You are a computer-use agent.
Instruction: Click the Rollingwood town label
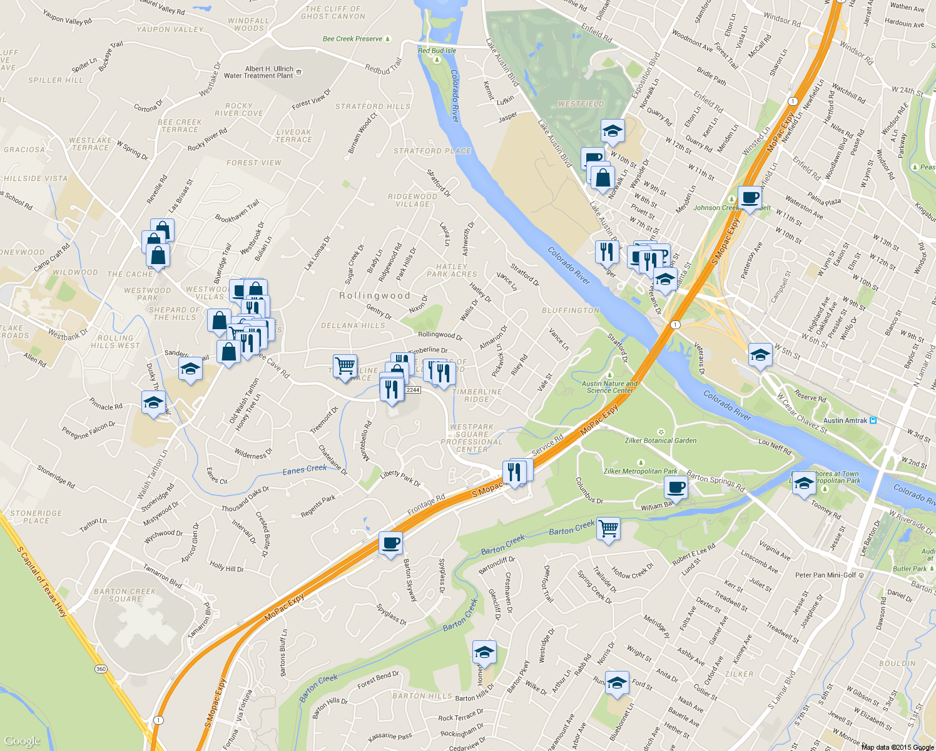[374, 295]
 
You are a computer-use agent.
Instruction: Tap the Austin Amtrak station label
[845, 421]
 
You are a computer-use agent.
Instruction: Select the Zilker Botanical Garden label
[661, 441]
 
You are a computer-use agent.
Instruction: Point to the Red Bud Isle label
[437, 51]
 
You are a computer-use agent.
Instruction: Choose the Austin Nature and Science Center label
[609, 387]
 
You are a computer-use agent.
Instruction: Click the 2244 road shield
[413, 390]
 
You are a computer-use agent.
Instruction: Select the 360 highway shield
[101, 669]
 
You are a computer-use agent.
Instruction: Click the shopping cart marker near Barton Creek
[608, 529]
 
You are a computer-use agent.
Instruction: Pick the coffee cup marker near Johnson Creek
[750, 198]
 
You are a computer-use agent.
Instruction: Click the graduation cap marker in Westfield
[613, 131]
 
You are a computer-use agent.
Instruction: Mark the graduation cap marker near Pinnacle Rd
[153, 402]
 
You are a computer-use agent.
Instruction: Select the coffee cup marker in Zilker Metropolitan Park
[676, 487]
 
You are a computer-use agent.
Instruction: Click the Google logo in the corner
[22, 741]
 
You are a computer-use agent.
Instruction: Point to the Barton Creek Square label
[125, 595]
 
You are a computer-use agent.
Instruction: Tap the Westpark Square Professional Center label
[471, 438]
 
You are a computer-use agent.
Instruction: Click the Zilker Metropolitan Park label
[640, 471]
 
